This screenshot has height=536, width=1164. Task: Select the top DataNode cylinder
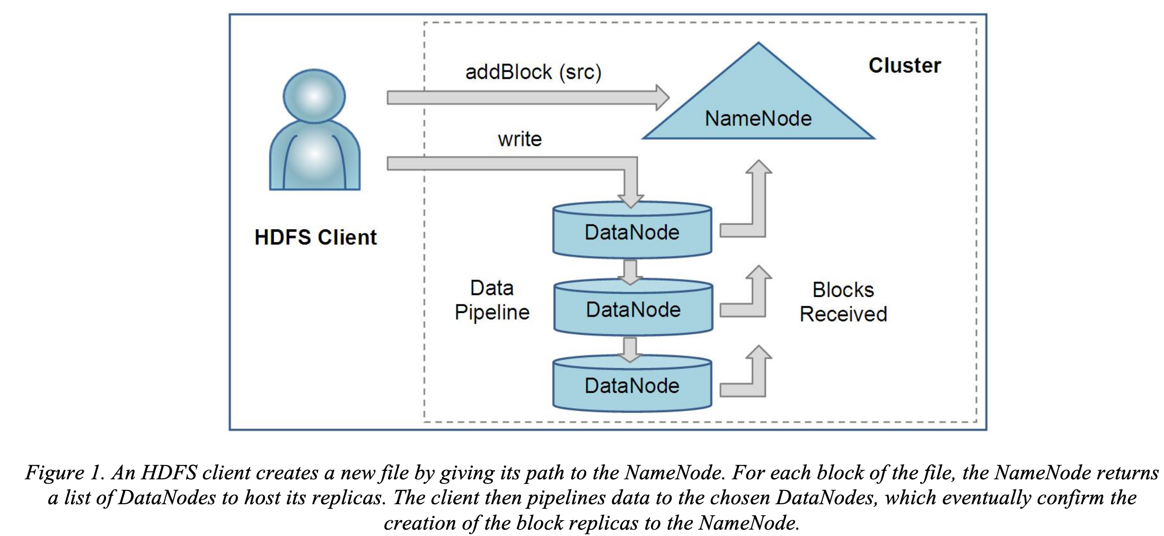pos(632,232)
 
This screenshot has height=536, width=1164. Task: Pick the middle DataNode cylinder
pos(633,309)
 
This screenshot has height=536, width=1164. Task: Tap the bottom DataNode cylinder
pos(632,386)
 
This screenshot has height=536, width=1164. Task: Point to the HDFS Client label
pos(315,237)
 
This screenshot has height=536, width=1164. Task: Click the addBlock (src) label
pos(533,72)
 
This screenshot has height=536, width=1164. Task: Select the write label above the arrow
pos(519,139)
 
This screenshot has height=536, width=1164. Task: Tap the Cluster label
pos(904,66)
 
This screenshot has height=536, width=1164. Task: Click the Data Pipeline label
pos(492,300)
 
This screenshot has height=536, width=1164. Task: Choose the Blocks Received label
pos(843,302)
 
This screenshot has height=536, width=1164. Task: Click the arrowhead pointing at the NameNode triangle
pos(662,97)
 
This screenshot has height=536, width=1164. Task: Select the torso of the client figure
pos(315,156)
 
